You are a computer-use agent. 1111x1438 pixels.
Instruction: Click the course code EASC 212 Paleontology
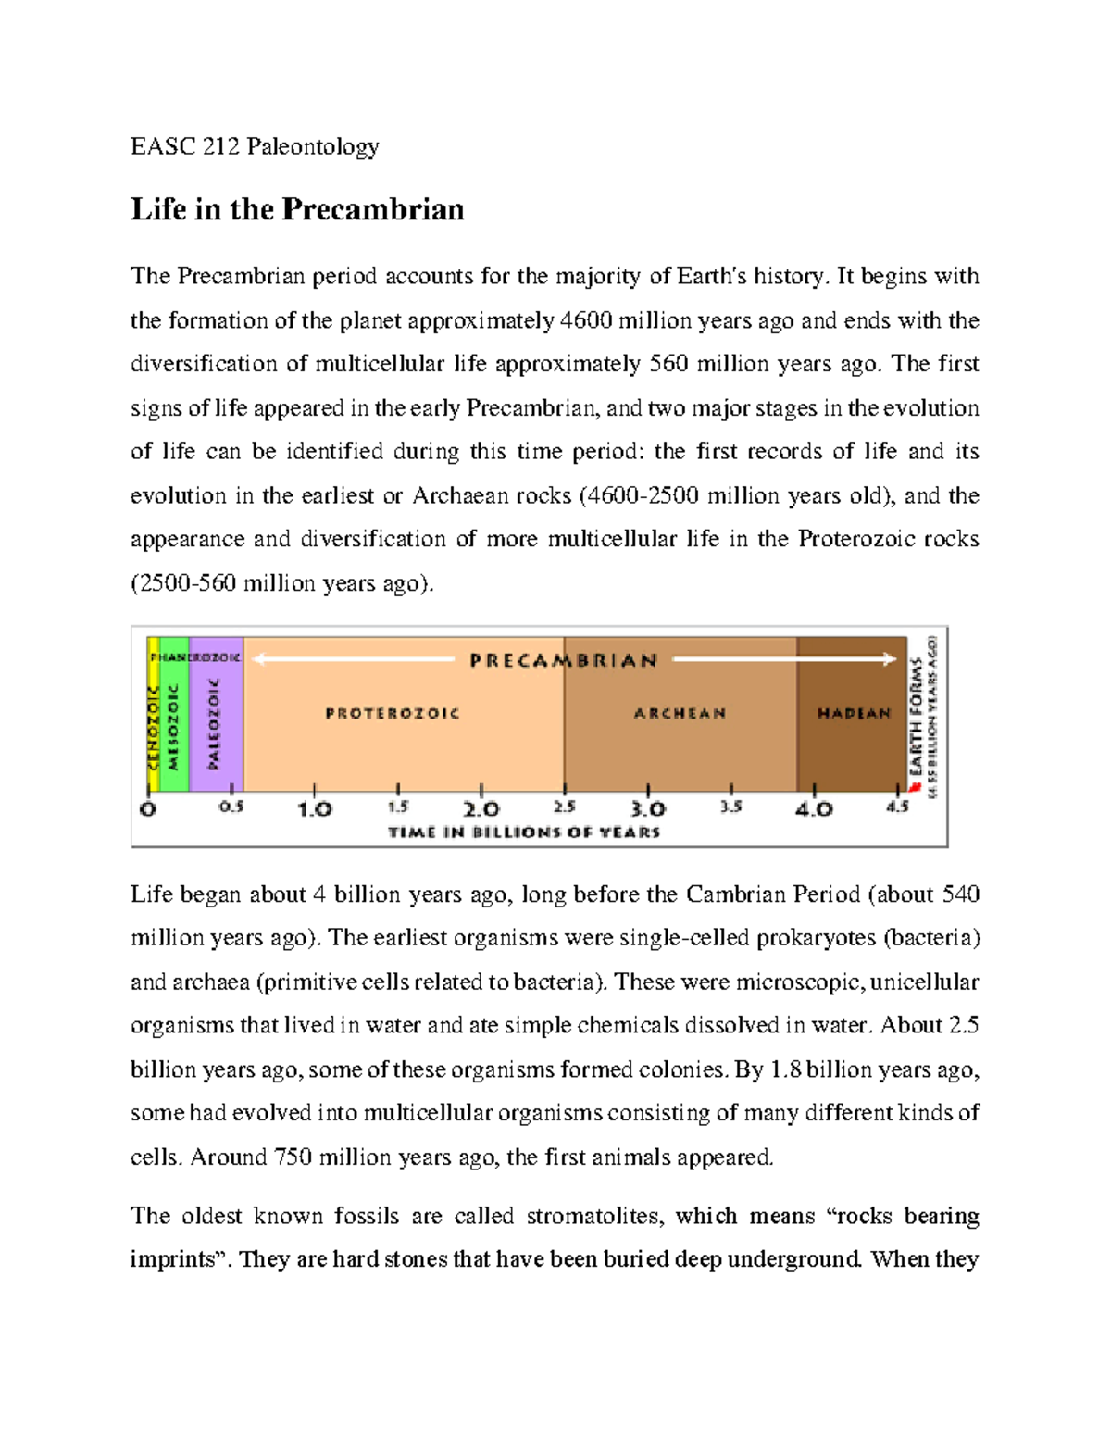tap(255, 146)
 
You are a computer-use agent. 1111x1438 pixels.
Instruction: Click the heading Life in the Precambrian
tap(297, 209)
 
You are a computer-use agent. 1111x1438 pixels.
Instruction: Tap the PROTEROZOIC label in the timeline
tap(393, 713)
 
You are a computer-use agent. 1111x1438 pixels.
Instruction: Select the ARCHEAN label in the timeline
tap(680, 713)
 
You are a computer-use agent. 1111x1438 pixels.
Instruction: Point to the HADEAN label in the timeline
tap(853, 713)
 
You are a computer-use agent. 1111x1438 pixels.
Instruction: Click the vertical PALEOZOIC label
tap(215, 723)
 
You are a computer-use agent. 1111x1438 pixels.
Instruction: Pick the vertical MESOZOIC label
tap(172, 727)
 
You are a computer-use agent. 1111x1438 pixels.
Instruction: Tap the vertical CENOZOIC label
tap(153, 727)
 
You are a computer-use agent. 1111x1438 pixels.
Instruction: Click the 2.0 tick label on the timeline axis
tap(481, 809)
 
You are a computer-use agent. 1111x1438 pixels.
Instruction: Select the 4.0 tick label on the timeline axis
tap(814, 809)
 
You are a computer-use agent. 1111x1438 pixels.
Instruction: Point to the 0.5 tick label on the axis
tap(231, 807)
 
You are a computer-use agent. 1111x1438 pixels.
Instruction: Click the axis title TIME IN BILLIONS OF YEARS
tap(524, 832)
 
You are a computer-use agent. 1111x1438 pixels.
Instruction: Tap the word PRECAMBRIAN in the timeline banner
tap(563, 660)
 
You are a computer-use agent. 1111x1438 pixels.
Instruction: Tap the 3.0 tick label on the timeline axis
tap(647, 809)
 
